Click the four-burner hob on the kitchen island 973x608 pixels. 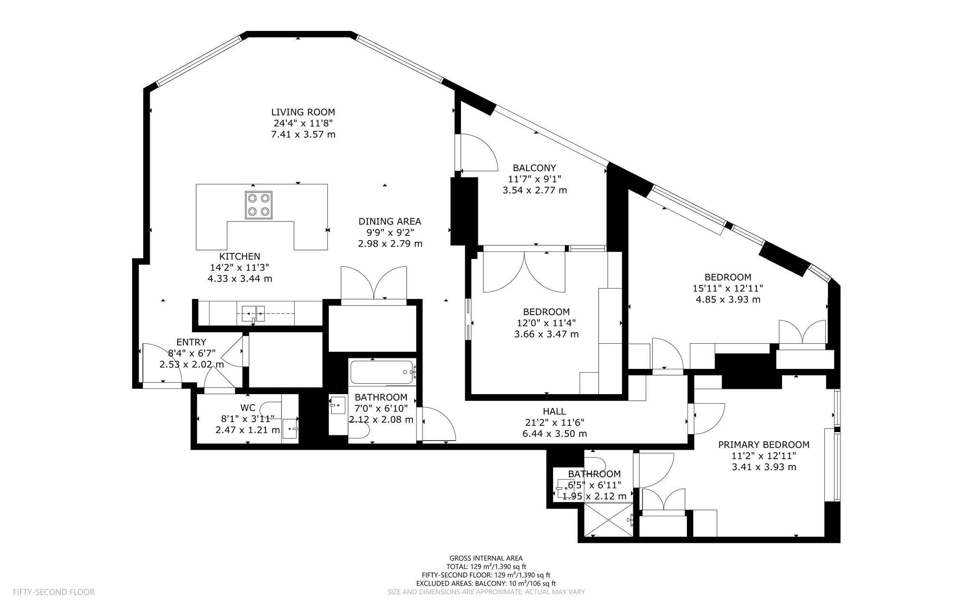pyautogui.click(x=259, y=205)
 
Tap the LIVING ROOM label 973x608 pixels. pyautogui.click(x=303, y=112)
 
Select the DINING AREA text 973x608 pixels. pyautogui.click(x=390, y=221)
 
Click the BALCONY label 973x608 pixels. pyautogui.click(x=534, y=168)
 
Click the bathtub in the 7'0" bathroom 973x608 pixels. pyautogui.click(x=382, y=373)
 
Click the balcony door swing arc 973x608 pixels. pyautogui.click(x=480, y=152)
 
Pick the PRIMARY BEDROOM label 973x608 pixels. pyautogui.click(x=763, y=445)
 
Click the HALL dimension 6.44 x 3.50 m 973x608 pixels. pyautogui.click(x=554, y=434)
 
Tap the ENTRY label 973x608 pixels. pyautogui.click(x=191, y=342)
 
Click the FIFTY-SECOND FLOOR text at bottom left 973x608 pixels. pyautogui.click(x=54, y=592)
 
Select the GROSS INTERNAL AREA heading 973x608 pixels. pyautogui.click(x=486, y=558)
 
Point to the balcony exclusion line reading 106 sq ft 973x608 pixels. pyautogui.click(x=486, y=583)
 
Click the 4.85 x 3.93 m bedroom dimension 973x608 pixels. pyautogui.click(x=728, y=299)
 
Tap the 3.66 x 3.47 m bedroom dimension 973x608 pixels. pyautogui.click(x=546, y=334)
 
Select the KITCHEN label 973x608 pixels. pyautogui.click(x=239, y=257)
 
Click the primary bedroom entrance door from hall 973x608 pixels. pyautogui.click(x=708, y=418)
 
